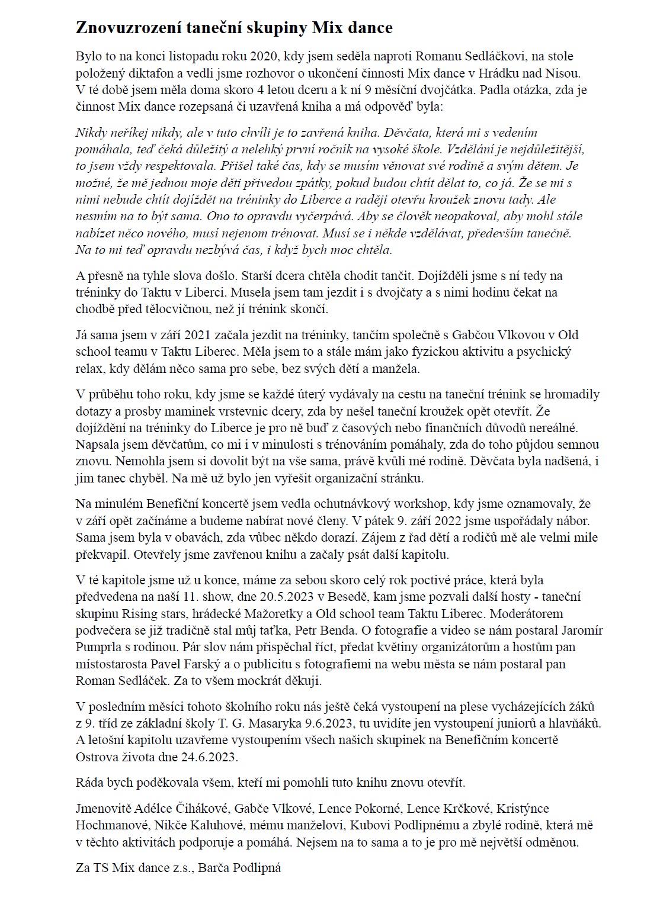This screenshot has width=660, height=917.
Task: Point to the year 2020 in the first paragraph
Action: tap(264, 57)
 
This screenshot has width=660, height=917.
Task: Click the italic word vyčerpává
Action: tap(319, 216)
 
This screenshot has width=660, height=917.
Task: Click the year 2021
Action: tap(180, 335)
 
